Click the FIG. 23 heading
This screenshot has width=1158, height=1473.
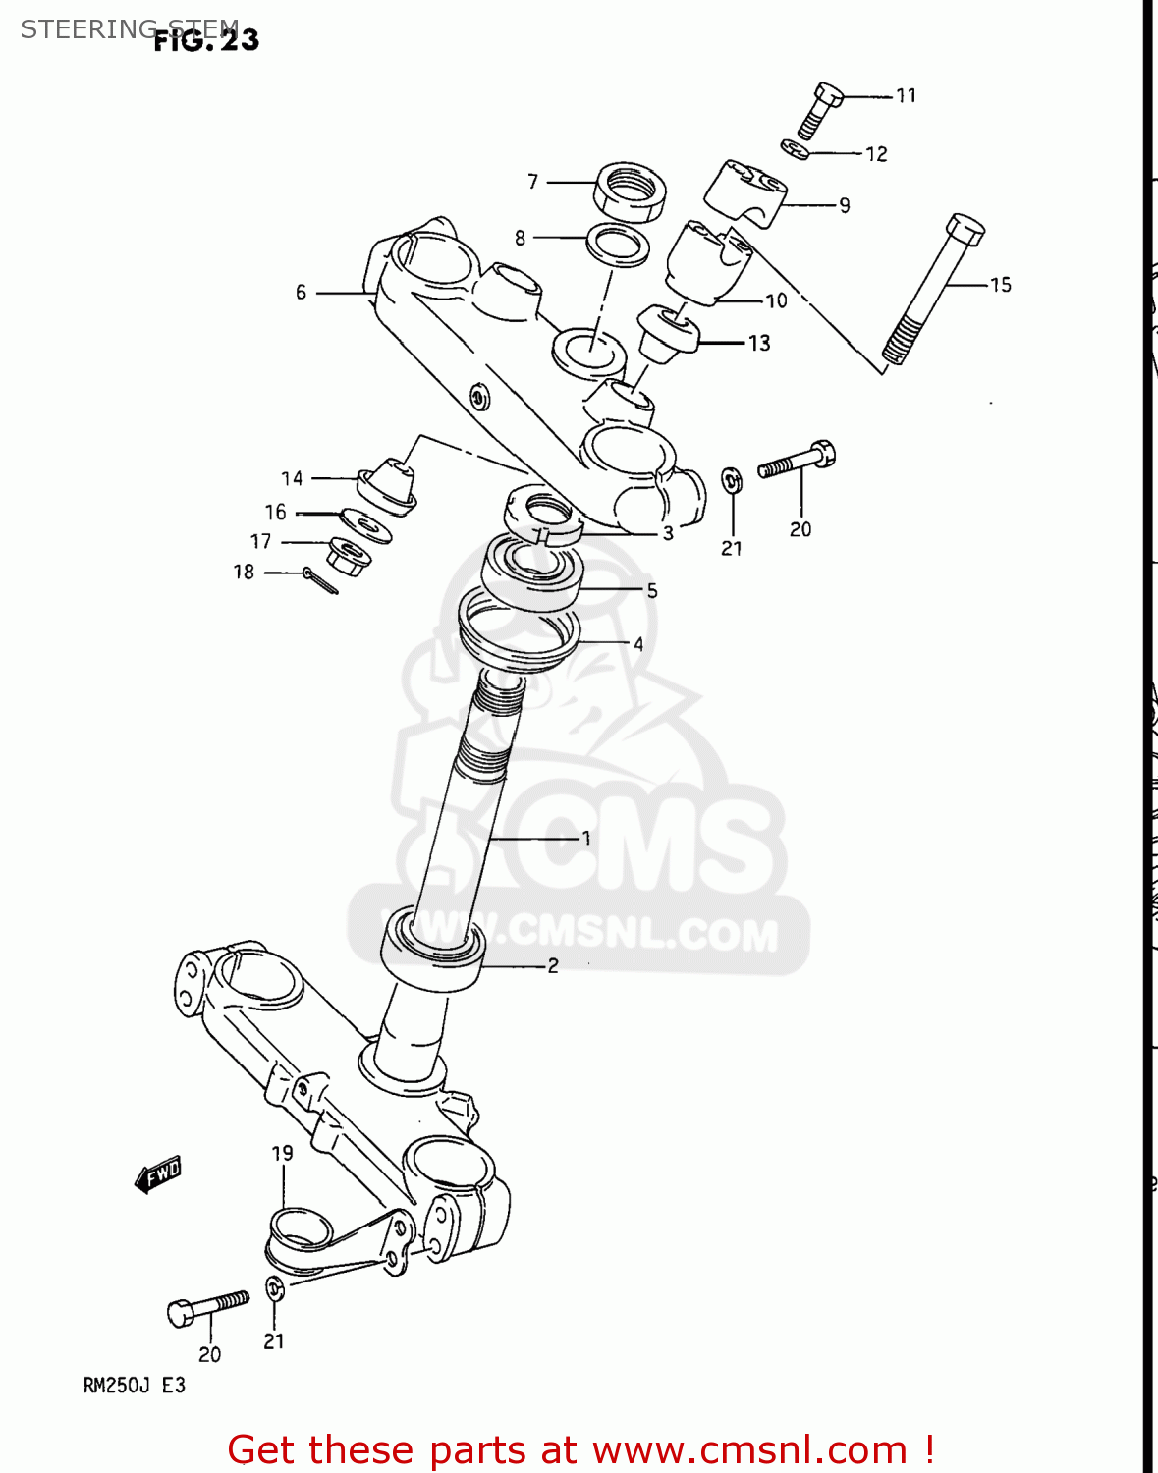pyautogui.click(x=206, y=40)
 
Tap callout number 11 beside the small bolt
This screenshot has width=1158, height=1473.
pyautogui.click(x=906, y=95)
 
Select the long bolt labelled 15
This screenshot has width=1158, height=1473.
pyautogui.click(x=934, y=290)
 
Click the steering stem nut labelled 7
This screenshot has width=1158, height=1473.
pyautogui.click(x=630, y=191)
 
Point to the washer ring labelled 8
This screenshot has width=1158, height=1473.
pyautogui.click(x=618, y=244)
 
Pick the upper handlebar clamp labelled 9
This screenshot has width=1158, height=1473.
pyautogui.click(x=745, y=191)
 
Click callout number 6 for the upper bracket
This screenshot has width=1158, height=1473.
pyautogui.click(x=301, y=292)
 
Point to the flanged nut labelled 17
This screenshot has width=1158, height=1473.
pyautogui.click(x=349, y=557)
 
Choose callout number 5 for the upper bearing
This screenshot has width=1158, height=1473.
pyautogui.click(x=651, y=590)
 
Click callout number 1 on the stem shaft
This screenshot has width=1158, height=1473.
pyautogui.click(x=586, y=838)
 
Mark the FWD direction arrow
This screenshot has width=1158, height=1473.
pyautogui.click(x=158, y=1173)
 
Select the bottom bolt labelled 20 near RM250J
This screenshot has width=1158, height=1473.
pyautogui.click(x=208, y=1308)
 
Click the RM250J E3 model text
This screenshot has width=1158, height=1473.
pyautogui.click(x=134, y=1386)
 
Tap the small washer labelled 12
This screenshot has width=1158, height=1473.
pyautogui.click(x=796, y=149)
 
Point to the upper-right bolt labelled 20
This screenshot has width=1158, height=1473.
pyautogui.click(x=797, y=460)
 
